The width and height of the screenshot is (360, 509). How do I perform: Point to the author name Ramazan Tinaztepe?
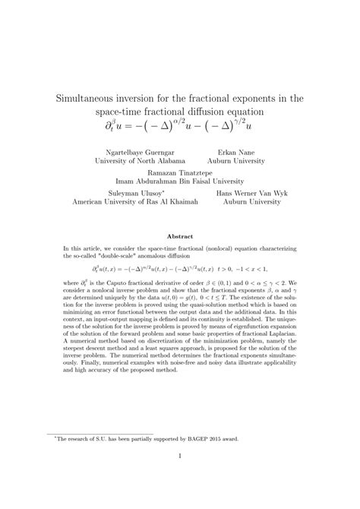[179, 172]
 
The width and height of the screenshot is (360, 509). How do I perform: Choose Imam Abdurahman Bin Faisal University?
[179, 182]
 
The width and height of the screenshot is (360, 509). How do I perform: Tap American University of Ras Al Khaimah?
[135, 204]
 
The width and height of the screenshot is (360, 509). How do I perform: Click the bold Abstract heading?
[180, 237]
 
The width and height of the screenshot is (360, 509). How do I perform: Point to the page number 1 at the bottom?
[180, 456]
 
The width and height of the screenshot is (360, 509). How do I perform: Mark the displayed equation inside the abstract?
[179, 270]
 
